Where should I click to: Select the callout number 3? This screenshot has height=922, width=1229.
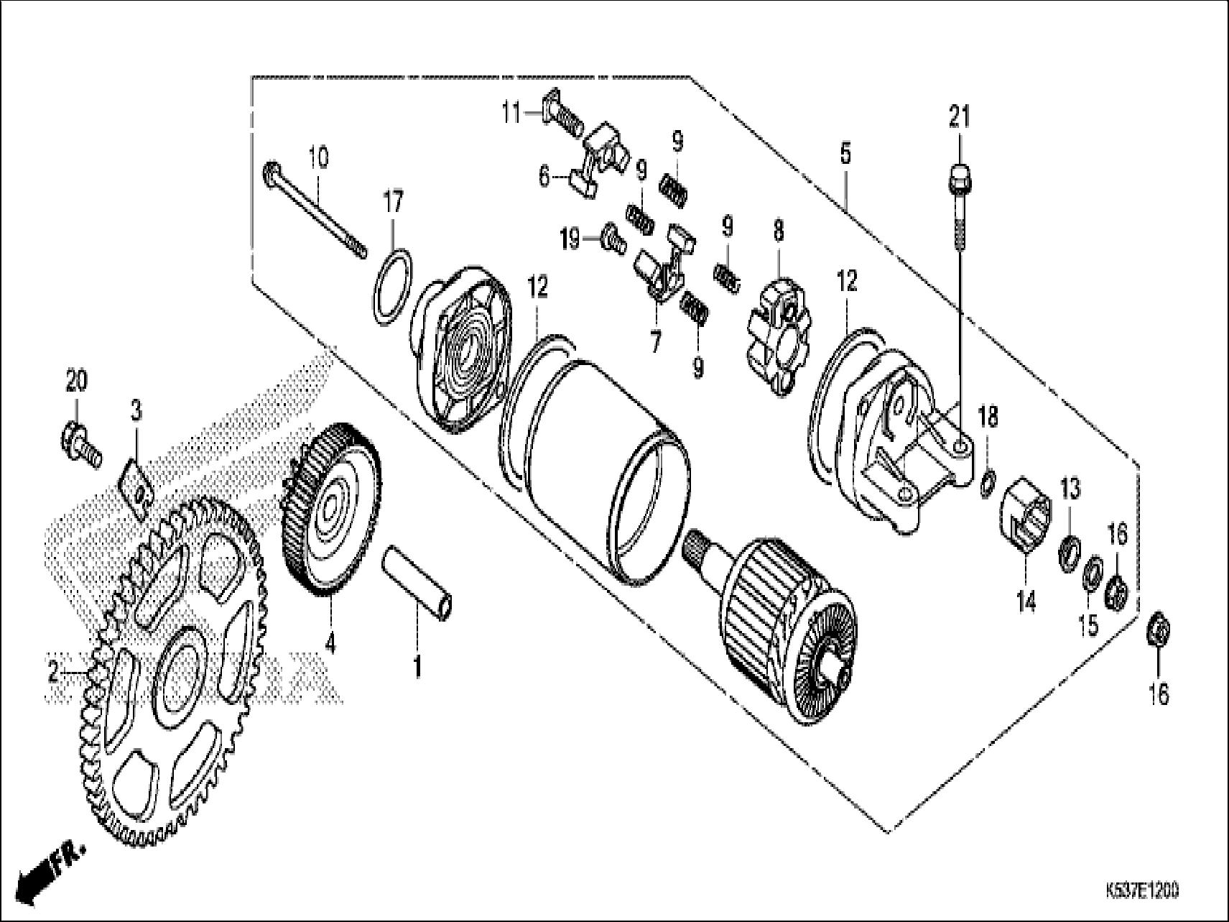click(136, 411)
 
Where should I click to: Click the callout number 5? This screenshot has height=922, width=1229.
click(845, 154)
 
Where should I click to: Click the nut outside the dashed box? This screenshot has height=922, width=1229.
click(1157, 630)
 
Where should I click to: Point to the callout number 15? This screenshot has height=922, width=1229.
click(1089, 624)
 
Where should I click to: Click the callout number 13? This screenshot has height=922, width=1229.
click(1070, 490)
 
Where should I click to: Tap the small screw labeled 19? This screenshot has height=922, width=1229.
click(611, 239)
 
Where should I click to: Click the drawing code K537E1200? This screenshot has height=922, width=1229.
click(1142, 890)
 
